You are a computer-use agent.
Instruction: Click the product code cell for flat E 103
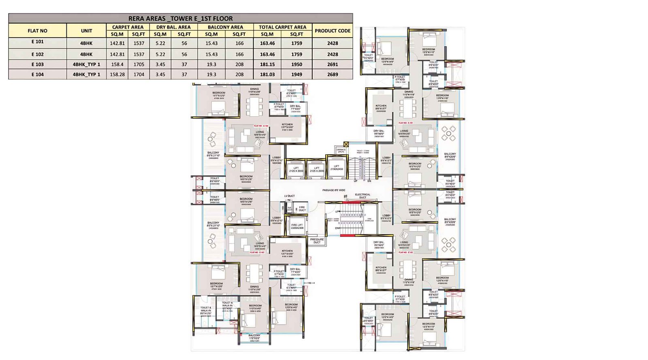point(333,64)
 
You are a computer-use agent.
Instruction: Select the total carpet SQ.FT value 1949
point(296,75)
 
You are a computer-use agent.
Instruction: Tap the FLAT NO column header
point(37,31)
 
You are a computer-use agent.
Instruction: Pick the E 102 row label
point(37,54)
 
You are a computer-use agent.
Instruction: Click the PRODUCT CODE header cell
point(333,31)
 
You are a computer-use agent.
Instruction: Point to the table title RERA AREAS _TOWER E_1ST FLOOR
point(181,18)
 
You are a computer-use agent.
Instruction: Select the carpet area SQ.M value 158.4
point(117,64)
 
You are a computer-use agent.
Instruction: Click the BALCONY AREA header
point(225,27)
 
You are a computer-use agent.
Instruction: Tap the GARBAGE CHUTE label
point(341,151)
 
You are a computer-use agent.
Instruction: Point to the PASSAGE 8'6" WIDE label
point(334,190)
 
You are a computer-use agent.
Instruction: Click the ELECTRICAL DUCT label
point(362,196)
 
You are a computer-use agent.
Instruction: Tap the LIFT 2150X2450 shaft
point(337,168)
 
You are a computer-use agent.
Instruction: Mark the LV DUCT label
point(289,196)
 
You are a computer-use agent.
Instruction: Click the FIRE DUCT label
point(302,209)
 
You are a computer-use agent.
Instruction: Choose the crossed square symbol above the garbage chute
point(346,144)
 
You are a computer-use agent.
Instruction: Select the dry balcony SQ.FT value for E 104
point(184,75)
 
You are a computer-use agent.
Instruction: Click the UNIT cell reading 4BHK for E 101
point(86,43)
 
